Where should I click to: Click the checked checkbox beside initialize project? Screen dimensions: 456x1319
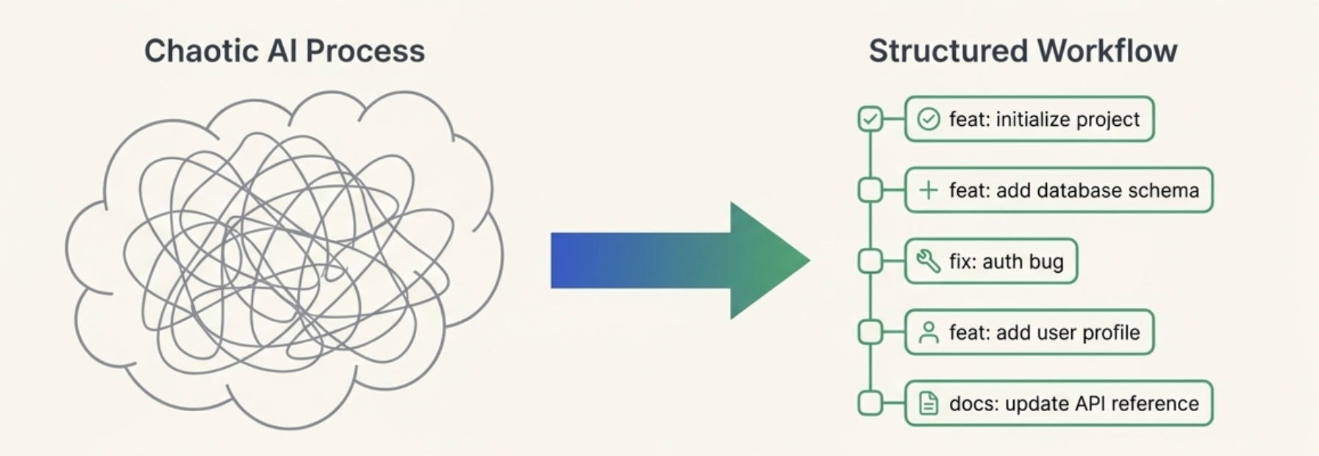coord(871,119)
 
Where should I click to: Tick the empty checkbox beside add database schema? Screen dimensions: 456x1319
coord(871,190)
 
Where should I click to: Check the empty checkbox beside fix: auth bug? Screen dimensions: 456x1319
coord(871,261)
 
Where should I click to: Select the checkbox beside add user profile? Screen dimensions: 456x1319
coord(871,332)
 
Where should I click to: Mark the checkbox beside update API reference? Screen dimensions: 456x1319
coord(871,403)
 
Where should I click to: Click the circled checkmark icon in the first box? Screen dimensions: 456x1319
coord(929,119)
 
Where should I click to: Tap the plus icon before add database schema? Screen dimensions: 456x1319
coord(929,190)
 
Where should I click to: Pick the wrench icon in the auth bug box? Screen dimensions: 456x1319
coord(929,261)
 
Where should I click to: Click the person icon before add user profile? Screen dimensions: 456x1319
coord(929,332)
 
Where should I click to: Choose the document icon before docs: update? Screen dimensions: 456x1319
coord(929,404)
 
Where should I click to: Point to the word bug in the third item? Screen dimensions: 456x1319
coord(1045,262)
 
